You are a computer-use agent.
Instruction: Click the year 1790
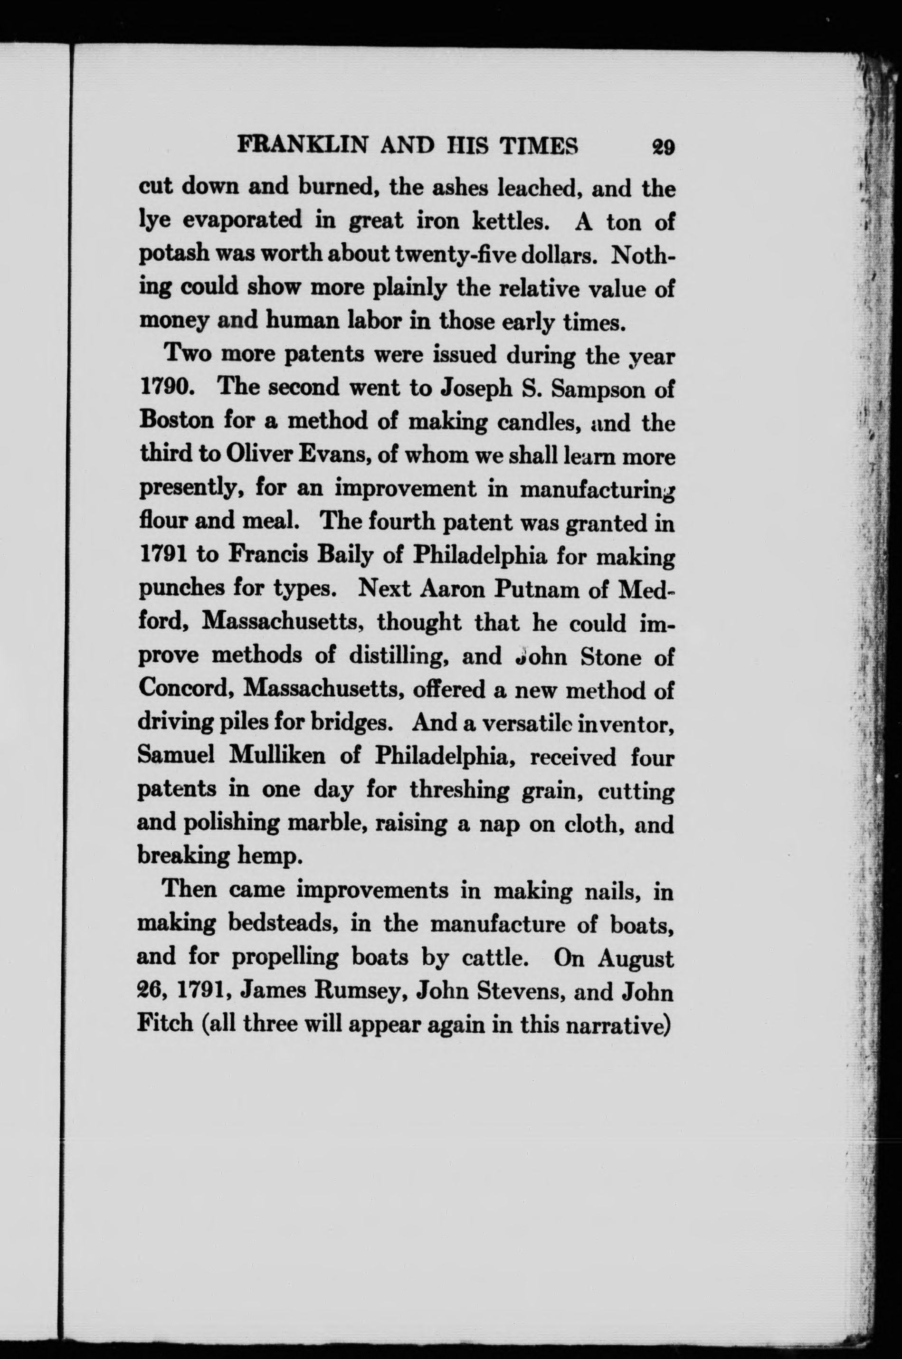[x=166, y=387]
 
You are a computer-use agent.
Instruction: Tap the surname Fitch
[x=164, y=1024]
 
